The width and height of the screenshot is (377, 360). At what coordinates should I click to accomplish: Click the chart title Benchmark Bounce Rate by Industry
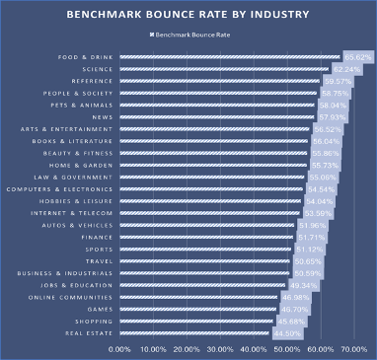[188, 17]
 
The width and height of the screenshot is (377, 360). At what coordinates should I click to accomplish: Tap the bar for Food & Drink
[227, 57]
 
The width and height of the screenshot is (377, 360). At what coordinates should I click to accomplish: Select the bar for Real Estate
[192, 333]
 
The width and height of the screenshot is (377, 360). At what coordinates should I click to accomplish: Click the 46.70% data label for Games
[294, 309]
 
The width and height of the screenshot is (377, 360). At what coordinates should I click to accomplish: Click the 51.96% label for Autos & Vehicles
[312, 225]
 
